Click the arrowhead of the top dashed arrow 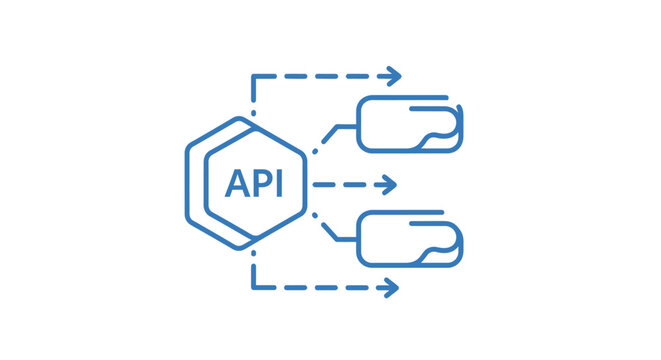point(396,75)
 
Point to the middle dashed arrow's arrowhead point(391,184)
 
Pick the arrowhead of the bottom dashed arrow point(394,288)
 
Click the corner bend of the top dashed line point(253,76)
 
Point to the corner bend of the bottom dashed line point(253,288)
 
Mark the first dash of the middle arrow point(321,184)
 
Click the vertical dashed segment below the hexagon point(253,272)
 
